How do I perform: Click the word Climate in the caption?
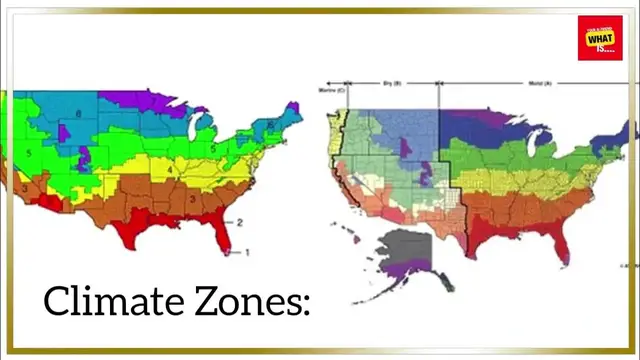coord(105,301)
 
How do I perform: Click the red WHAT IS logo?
coord(600,37)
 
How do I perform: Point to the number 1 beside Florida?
coord(249,253)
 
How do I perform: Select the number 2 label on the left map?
coord(239,221)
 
